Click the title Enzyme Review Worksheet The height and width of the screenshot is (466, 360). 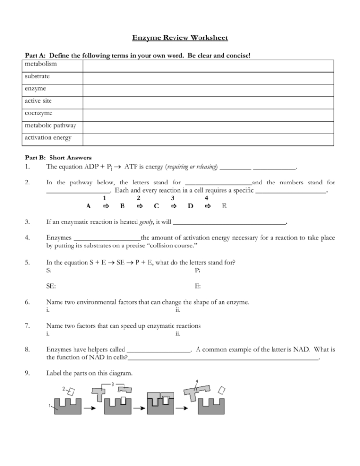point(180,38)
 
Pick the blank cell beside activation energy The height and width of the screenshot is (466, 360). point(208,139)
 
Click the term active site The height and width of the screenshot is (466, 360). point(38,101)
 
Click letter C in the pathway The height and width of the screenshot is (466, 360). point(156,206)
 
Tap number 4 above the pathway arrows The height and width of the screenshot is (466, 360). point(206,197)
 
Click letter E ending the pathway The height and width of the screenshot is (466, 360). point(224,206)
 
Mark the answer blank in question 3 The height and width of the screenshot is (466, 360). point(229,222)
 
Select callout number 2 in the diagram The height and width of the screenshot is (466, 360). point(64,388)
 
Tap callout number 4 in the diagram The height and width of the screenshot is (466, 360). point(197,381)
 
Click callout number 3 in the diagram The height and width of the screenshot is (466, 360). point(112,384)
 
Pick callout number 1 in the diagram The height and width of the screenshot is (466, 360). point(50,406)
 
